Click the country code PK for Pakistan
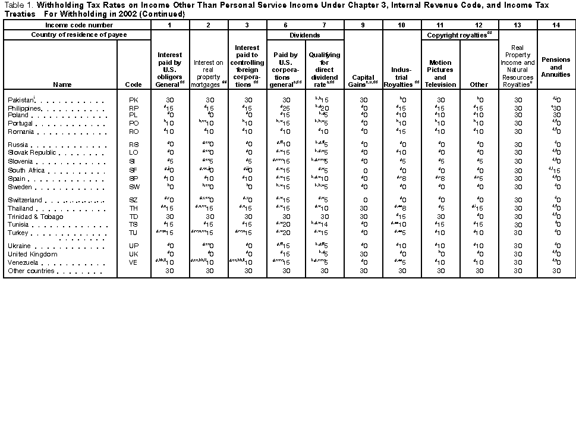(x=134, y=101)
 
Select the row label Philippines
(x=24, y=108)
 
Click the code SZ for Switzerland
(x=134, y=201)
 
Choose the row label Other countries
(x=31, y=271)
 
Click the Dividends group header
(x=306, y=35)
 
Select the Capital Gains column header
(x=363, y=81)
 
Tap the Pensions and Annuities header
(x=556, y=67)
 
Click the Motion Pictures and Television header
(x=440, y=73)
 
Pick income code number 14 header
(x=556, y=26)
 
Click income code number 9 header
(x=363, y=26)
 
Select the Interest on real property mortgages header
(x=209, y=73)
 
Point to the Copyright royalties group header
(x=459, y=35)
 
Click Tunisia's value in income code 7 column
(x=324, y=225)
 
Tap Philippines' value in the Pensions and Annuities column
(x=556, y=108)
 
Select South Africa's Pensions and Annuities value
(x=556, y=171)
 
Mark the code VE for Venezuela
(x=134, y=262)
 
